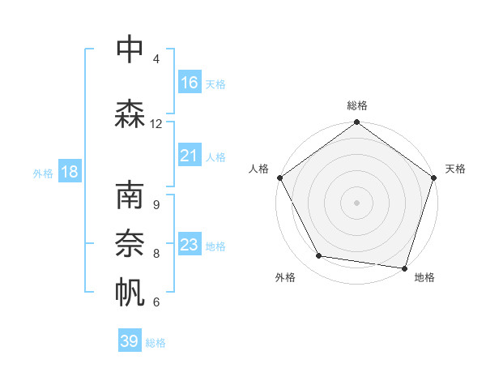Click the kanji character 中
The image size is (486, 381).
tap(130, 49)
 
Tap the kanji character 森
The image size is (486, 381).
tap(130, 114)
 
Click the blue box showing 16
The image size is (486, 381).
tap(190, 83)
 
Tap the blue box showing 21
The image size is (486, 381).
tap(190, 156)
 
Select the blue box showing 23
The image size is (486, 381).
tap(190, 245)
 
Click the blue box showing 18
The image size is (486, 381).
tap(69, 172)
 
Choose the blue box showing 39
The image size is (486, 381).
tap(130, 341)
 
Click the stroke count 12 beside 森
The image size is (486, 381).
tap(156, 123)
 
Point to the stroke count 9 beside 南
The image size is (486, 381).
tap(156, 205)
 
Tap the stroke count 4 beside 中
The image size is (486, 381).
tap(156, 58)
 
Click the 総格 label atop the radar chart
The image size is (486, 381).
tap(356, 105)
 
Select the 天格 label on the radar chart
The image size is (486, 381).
tap(455, 169)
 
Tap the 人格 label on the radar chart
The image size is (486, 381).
tap(258, 169)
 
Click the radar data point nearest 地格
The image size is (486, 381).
tap(404, 268)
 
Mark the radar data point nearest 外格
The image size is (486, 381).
tap(319, 256)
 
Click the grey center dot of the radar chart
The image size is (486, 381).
tap(356, 202)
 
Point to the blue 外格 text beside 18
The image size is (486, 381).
tap(43, 173)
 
